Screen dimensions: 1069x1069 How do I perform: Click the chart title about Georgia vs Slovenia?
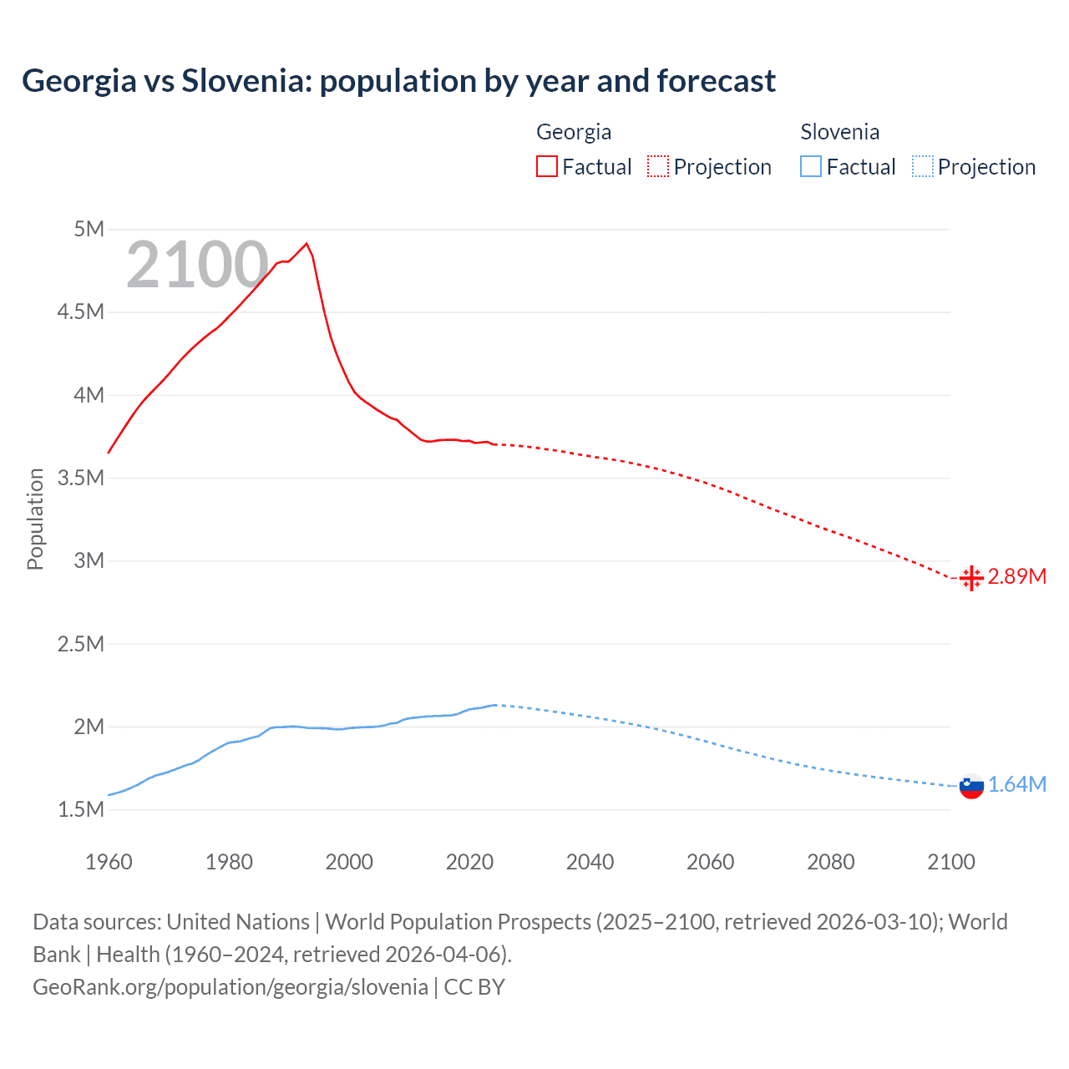pyautogui.click(x=398, y=81)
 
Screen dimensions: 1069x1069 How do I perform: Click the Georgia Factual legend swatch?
pyautogui.click(x=546, y=167)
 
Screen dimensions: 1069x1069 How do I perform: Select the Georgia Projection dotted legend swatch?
pyautogui.click(x=658, y=167)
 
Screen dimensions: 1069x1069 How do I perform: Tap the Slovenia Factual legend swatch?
pyautogui.click(x=811, y=167)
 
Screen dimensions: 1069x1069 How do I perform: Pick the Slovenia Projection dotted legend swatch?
pyautogui.click(x=923, y=167)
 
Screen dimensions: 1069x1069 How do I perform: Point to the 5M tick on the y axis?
pyautogui.click(x=89, y=229)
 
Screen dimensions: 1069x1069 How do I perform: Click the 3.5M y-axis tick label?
pyautogui.click(x=81, y=478)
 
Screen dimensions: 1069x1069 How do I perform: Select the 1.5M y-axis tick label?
pyautogui.click(x=81, y=809)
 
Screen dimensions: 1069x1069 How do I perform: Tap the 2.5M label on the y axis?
pyautogui.click(x=81, y=644)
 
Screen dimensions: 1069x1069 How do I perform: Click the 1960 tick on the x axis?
pyautogui.click(x=109, y=862)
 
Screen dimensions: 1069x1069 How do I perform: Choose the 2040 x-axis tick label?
pyautogui.click(x=590, y=862)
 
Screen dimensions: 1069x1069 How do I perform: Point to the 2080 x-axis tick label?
pyautogui.click(x=830, y=862)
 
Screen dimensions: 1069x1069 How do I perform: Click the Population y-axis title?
pyautogui.click(x=35, y=519)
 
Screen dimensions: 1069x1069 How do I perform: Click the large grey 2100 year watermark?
pyautogui.click(x=197, y=265)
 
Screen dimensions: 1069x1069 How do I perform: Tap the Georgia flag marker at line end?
pyautogui.click(x=971, y=577)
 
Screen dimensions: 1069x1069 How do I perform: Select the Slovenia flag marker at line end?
pyautogui.click(x=971, y=785)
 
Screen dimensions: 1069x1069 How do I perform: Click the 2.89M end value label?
pyautogui.click(x=1016, y=577)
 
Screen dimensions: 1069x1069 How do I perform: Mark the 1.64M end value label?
pyautogui.click(x=1016, y=785)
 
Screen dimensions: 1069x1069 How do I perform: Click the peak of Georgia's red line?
pyautogui.click(x=307, y=243)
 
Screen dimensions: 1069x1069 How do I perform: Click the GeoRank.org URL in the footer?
pyautogui.click(x=231, y=986)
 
